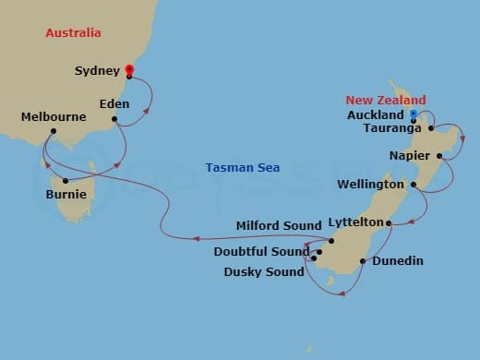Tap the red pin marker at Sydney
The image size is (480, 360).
pyautogui.click(x=128, y=68)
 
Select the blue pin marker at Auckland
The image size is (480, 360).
pyautogui.click(x=414, y=114)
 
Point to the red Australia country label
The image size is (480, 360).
pyautogui.click(x=73, y=34)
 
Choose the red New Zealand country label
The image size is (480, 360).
pyautogui.click(x=386, y=100)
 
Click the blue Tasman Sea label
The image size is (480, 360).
pyautogui.click(x=242, y=167)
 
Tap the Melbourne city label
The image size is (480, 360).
pyautogui.click(x=54, y=117)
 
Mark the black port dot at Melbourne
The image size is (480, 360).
pyautogui.click(x=54, y=132)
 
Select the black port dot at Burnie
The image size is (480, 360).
pyautogui.click(x=66, y=180)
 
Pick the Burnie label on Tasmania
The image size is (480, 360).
pyautogui.click(x=66, y=196)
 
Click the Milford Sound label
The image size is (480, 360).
pyautogui.click(x=277, y=224)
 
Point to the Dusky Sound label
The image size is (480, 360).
pyautogui.click(x=264, y=272)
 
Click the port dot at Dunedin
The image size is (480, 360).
pyautogui.click(x=363, y=261)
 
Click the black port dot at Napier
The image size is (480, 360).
pyautogui.click(x=440, y=155)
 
